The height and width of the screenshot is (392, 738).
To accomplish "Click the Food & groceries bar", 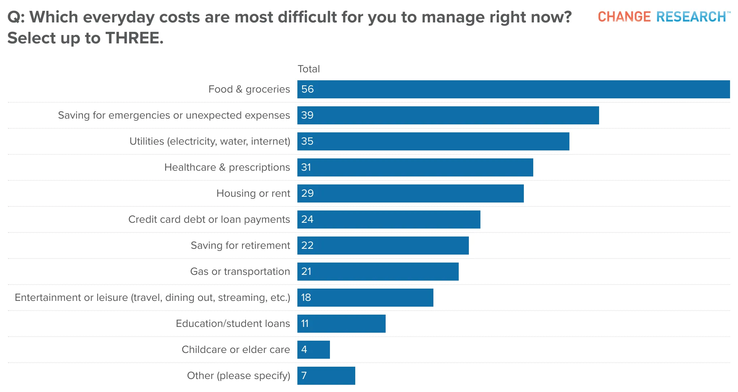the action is click(x=514, y=89).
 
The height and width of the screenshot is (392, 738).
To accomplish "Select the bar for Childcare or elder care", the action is click(x=314, y=350).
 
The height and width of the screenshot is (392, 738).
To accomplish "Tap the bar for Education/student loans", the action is click(x=342, y=324).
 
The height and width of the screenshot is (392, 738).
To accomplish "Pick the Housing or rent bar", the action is click(x=411, y=193).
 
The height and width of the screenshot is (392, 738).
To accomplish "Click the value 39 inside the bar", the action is click(x=307, y=115).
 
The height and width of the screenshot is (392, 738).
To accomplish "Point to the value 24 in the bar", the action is click(x=307, y=220).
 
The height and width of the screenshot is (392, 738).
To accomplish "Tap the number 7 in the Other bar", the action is click(x=304, y=376).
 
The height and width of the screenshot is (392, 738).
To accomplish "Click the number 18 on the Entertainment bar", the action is click(x=306, y=298).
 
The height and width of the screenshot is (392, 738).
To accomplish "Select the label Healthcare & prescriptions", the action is click(x=227, y=167).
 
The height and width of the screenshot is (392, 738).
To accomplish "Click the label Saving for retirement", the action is click(x=240, y=246).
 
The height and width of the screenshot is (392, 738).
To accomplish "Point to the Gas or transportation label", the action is click(x=240, y=272).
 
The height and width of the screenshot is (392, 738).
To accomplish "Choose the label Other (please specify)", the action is click(x=239, y=376).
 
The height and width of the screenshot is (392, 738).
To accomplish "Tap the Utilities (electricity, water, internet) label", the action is click(x=210, y=141).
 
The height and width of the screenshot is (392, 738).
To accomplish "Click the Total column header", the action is click(x=309, y=69).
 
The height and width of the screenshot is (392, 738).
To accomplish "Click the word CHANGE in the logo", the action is click(x=624, y=17).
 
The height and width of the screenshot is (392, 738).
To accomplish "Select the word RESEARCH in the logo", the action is click(x=691, y=17).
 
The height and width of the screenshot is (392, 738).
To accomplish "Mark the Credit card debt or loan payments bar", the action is click(x=389, y=220).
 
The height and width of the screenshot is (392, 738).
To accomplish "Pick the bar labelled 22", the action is click(x=383, y=246).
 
